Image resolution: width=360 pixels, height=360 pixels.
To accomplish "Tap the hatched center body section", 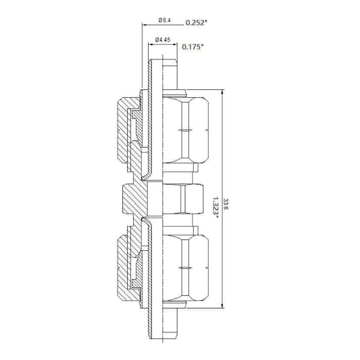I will tap(133, 197).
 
